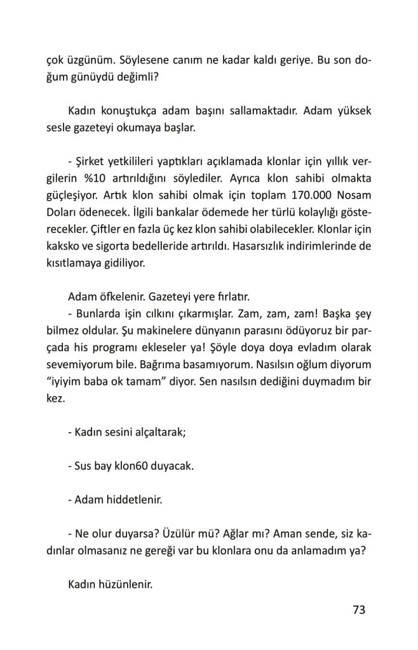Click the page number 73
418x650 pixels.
[x=359, y=611]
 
